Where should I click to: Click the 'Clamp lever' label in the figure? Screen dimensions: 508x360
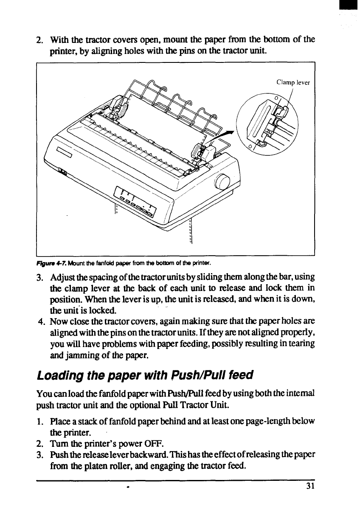coord(293,83)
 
